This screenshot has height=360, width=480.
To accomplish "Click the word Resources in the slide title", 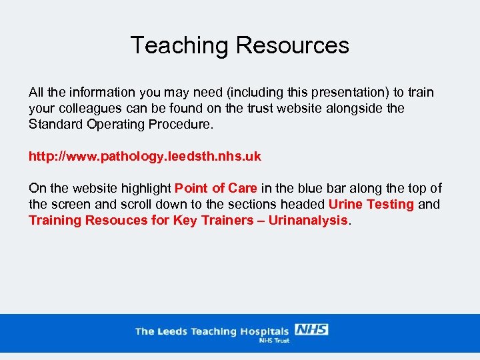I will pos(292,45).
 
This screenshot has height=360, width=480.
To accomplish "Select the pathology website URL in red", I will pos(145,157).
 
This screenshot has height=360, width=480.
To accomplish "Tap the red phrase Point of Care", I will pos(215,189).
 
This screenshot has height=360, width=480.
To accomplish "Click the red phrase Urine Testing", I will pos(371,205).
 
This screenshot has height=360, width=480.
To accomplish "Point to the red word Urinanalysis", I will pos(308,221).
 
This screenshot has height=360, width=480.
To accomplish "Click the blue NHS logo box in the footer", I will pos(311,329).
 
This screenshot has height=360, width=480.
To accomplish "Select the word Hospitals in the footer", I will pos(265,331).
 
